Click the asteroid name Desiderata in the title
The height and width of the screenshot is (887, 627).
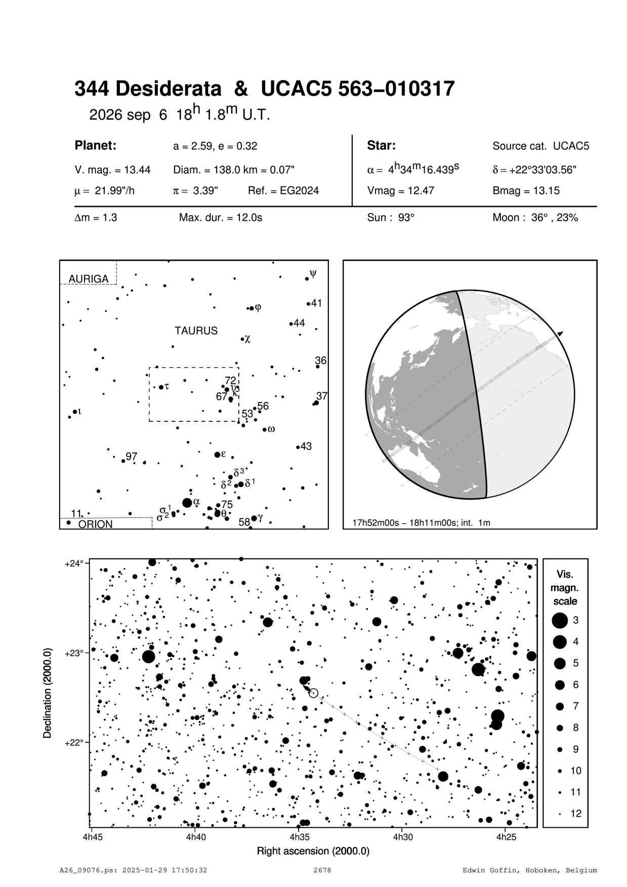tap(169, 90)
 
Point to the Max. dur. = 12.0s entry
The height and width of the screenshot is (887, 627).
tap(220, 218)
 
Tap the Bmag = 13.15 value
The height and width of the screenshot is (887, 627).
tap(526, 191)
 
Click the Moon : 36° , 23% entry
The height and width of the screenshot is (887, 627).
tap(535, 218)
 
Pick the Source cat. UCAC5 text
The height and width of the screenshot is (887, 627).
tap(540, 146)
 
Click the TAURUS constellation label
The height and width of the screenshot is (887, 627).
tap(196, 331)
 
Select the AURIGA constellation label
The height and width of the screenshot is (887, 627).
tap(88, 279)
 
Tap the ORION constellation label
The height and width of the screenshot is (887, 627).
tap(95, 525)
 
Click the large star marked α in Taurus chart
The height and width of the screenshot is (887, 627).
tap(187, 503)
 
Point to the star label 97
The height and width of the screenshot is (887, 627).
tap(132, 457)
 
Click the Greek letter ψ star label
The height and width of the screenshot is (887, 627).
tap(313, 274)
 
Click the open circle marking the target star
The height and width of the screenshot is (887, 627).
tap(313, 693)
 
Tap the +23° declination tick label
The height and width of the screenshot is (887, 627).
tap(74, 653)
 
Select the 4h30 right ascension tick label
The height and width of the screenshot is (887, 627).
tap(402, 837)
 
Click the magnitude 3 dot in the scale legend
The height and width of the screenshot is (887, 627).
tap(560, 620)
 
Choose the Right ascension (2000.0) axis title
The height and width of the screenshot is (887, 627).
tap(313, 851)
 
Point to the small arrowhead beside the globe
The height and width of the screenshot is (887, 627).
tap(560, 333)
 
